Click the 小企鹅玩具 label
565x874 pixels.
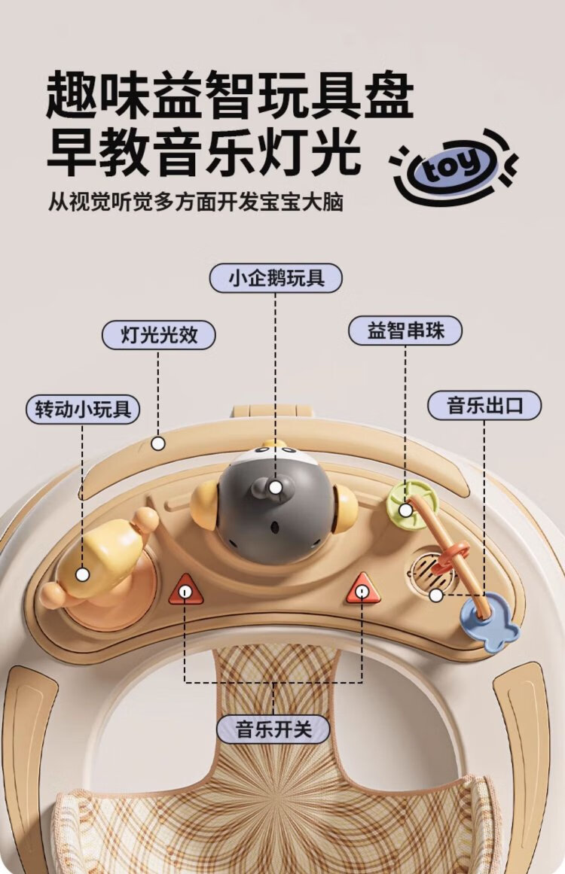pos(276,278)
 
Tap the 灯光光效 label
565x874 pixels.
pos(159,335)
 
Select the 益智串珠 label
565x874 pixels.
pos(405,330)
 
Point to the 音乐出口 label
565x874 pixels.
pos(484,405)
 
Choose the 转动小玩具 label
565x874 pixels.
pos(83,410)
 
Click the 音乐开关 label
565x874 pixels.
pos(273,729)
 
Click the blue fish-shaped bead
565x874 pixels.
pos(490,621)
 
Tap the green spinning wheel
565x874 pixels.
pos(414,505)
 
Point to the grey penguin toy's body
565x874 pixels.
pos(273,507)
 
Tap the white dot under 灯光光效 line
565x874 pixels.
pos(158,443)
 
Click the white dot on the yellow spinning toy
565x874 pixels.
pos(83,574)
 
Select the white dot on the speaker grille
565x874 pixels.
pos(436,595)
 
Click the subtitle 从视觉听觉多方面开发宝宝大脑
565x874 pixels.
pos(195,202)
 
